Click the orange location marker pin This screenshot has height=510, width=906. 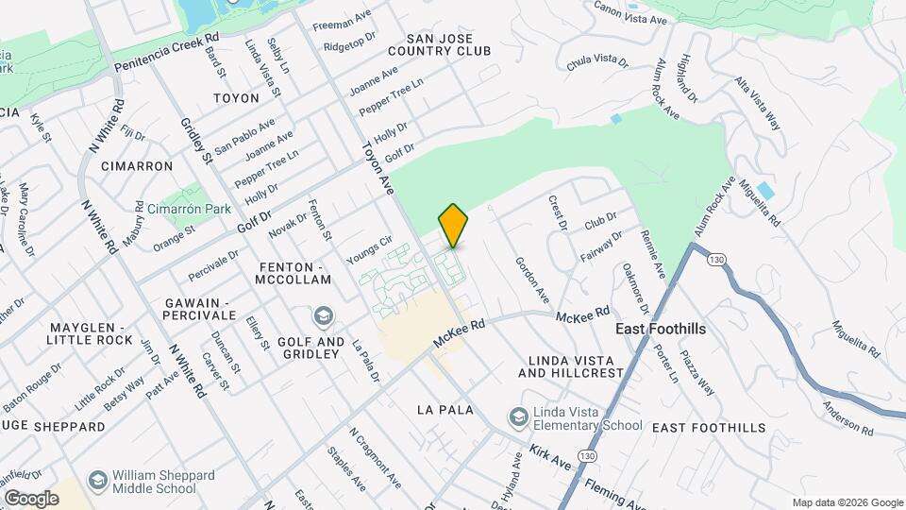click(453, 226)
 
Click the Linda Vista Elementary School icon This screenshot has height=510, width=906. click(518, 416)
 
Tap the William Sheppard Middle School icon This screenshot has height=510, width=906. click(96, 481)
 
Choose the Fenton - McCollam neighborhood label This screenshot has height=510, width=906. click(295, 273)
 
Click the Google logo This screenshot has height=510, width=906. click(31, 498)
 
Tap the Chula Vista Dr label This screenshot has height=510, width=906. click(597, 61)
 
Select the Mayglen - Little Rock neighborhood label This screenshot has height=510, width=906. click(92, 332)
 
